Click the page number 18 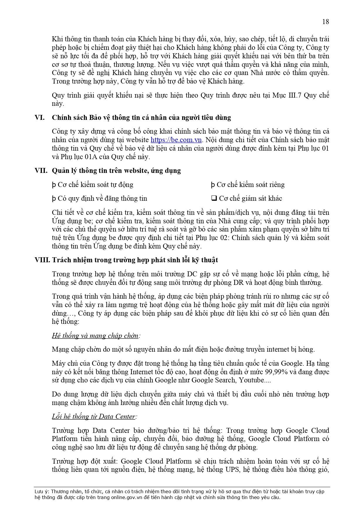tap(326, 22)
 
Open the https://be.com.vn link tap(176, 140)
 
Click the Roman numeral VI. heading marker tap(40, 118)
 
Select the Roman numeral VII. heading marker tap(41, 171)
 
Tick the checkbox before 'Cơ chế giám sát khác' tap(214, 198)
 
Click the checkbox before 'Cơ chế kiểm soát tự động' tap(54, 185)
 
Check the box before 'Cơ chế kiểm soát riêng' tap(213, 185)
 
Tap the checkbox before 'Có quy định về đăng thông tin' tap(54, 199)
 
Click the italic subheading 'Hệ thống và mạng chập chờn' tap(95, 336)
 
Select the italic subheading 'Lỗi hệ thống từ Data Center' tap(94, 416)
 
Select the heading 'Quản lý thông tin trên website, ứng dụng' tap(116, 171)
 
